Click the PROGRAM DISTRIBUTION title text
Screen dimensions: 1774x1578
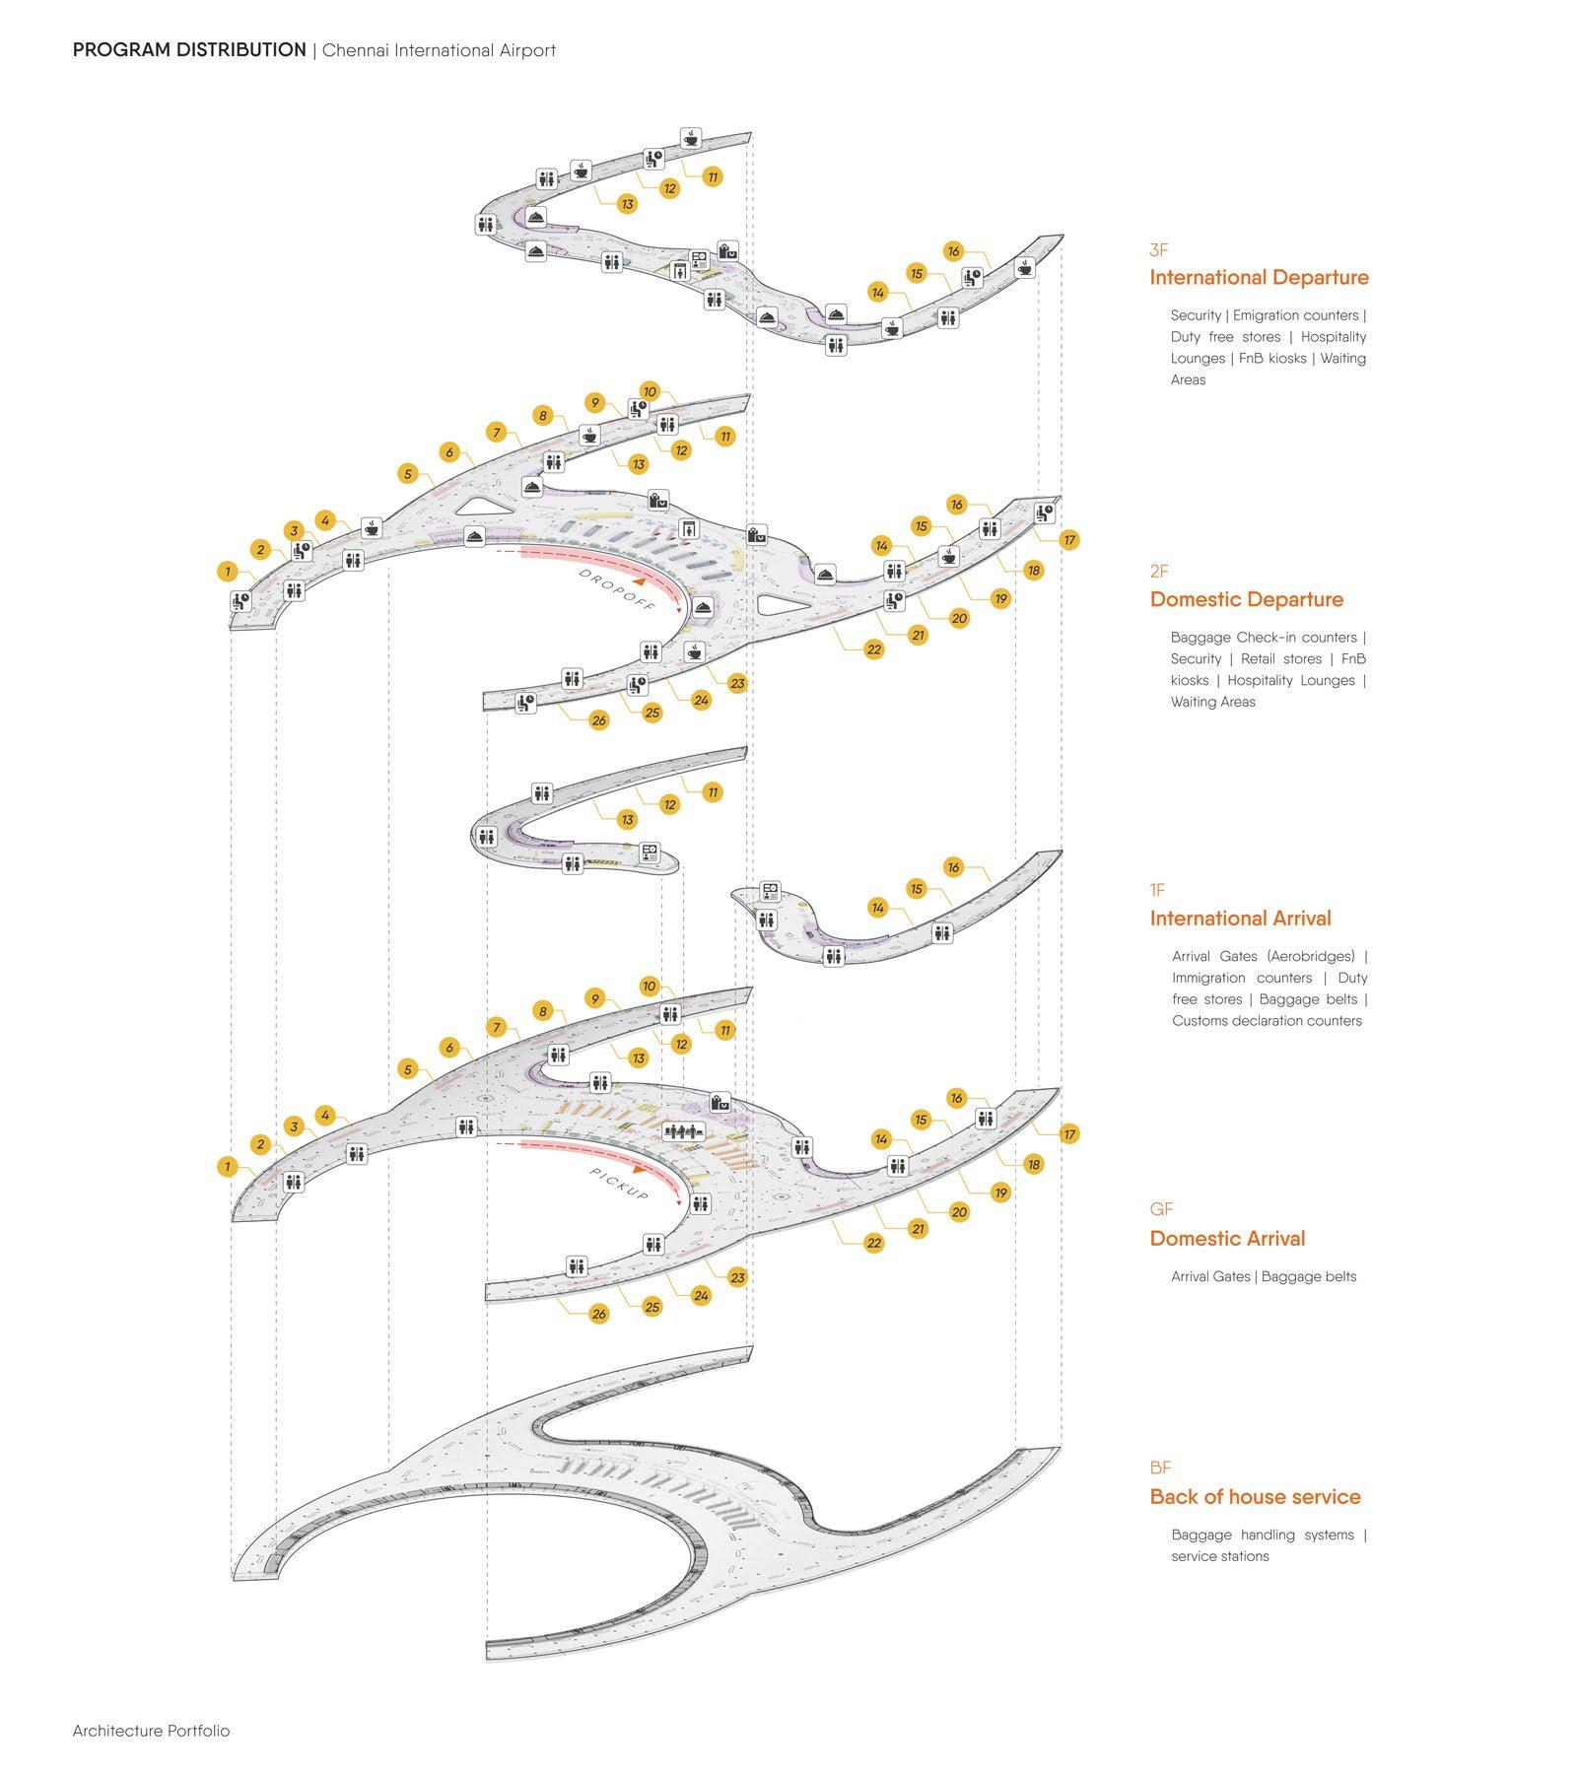(189, 50)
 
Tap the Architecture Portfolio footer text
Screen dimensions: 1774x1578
(151, 1731)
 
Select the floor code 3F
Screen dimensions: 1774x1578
(1158, 251)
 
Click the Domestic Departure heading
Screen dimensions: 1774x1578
(1246, 599)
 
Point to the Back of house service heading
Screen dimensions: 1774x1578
(1254, 1497)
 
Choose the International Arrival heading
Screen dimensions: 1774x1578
(1240, 919)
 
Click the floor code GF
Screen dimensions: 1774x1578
(1161, 1209)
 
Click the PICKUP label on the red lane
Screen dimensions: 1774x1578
(619, 1184)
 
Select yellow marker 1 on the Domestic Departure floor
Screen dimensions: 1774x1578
(228, 572)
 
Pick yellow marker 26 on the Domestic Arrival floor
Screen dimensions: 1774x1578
(599, 1314)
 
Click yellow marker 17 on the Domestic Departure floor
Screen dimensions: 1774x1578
(1069, 539)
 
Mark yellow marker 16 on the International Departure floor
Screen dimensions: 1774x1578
(953, 251)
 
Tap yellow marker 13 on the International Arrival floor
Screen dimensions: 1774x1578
(627, 820)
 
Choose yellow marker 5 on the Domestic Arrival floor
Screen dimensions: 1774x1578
(408, 1069)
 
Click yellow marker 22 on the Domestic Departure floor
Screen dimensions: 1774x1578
(874, 649)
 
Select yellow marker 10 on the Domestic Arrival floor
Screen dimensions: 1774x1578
(649, 986)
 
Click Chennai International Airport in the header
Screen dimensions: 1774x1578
(439, 50)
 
